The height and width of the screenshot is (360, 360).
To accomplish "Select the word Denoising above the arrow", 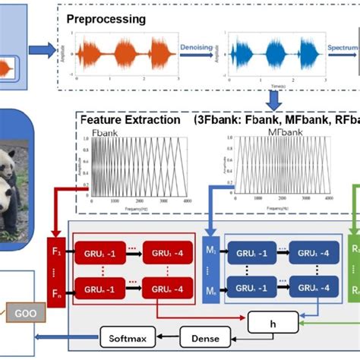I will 197,46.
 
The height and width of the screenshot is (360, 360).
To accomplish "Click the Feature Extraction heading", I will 130,120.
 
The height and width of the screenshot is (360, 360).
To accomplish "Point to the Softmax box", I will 128,333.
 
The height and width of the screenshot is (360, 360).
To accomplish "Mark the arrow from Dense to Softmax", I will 166,333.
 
